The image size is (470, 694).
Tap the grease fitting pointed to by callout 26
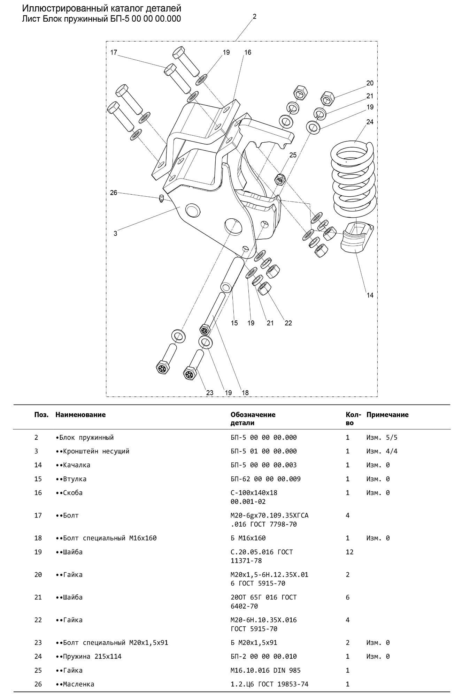click(x=161, y=199)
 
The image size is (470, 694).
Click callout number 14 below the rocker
click(x=370, y=295)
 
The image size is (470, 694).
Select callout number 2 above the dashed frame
click(x=255, y=16)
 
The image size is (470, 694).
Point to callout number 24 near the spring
click(x=370, y=122)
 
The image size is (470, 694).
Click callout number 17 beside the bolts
click(x=114, y=53)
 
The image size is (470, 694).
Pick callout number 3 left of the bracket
click(x=115, y=233)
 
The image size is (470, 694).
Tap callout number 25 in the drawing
click(x=293, y=155)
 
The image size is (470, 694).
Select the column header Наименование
click(x=80, y=415)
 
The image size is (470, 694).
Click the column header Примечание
click(x=387, y=415)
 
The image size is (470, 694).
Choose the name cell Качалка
click(x=75, y=465)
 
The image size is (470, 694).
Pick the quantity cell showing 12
click(x=349, y=552)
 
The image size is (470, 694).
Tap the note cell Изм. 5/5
click(x=382, y=437)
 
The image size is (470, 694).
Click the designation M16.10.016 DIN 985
click(x=265, y=670)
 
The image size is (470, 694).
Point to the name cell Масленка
click(x=77, y=684)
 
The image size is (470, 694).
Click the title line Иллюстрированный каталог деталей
click(x=102, y=8)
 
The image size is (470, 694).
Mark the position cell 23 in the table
click(x=38, y=642)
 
